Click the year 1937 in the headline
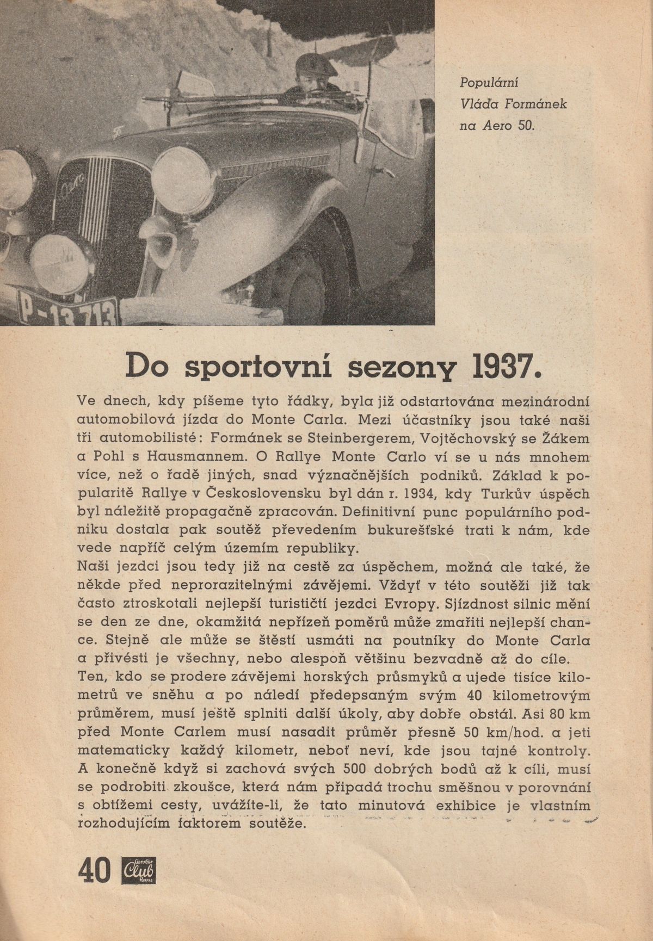pyautogui.click(x=502, y=367)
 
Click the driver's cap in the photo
pyautogui.click(x=316, y=65)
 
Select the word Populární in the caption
pyautogui.click(x=489, y=83)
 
